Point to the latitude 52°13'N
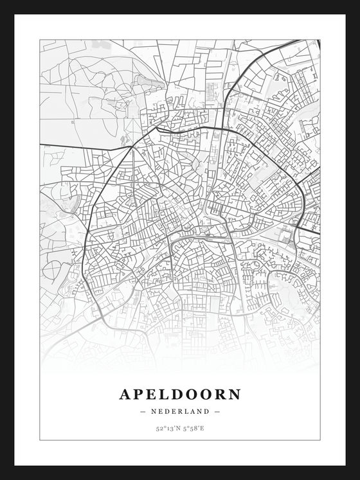coord(167,428)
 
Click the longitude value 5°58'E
coord(194,428)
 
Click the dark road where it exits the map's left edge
coord(41,143)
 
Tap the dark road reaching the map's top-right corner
coord(317,41)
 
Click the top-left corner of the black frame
coord(2,2)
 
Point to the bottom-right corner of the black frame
coord(357,477)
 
